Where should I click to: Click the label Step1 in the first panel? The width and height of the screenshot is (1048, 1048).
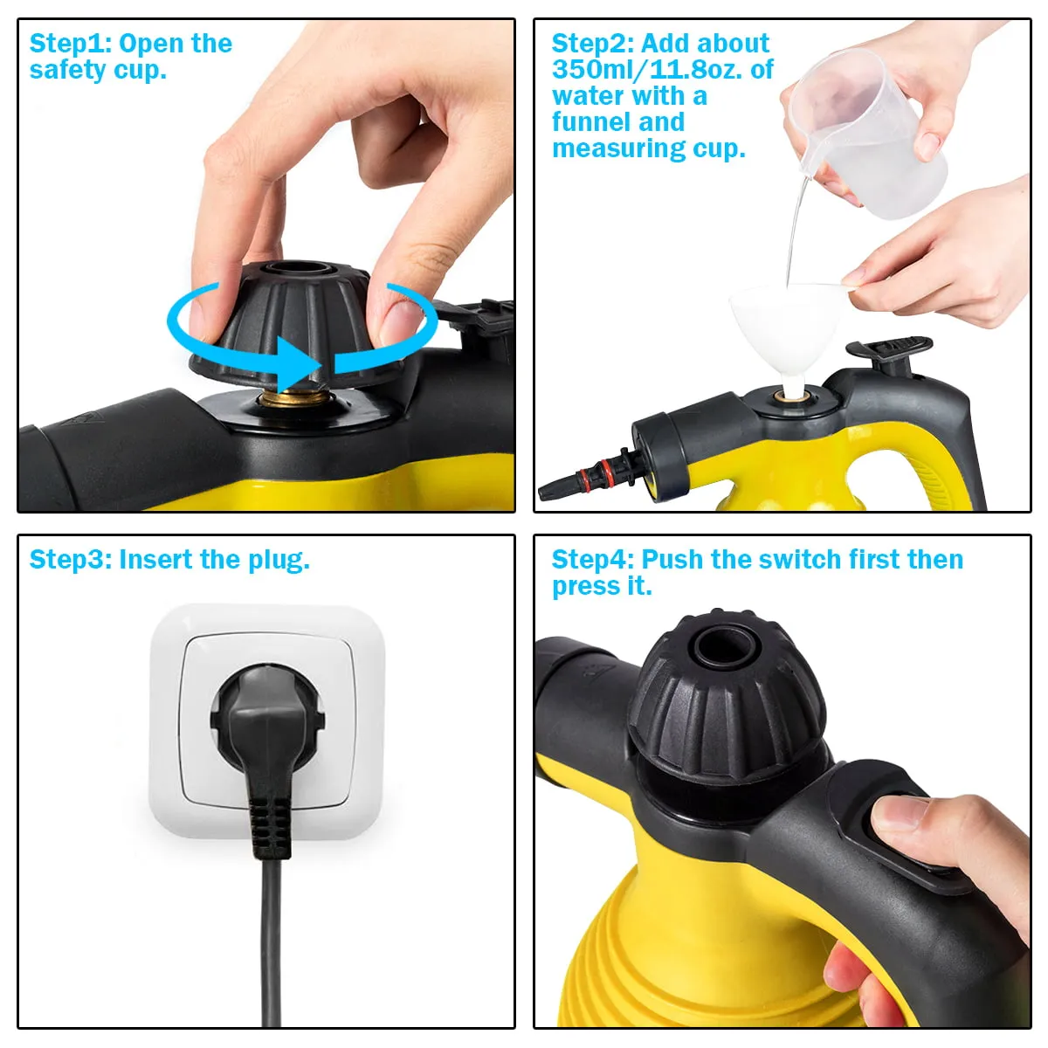[70, 44]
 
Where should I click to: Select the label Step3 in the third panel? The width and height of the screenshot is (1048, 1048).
[70, 560]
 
